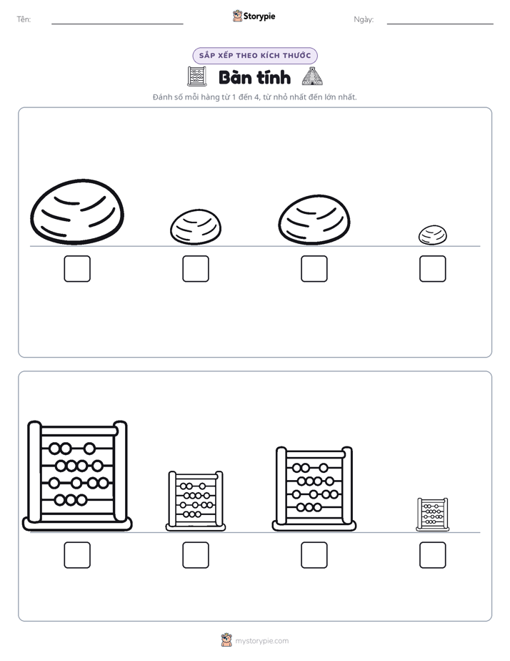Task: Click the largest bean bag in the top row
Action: (x=77, y=212)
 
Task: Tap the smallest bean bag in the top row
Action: (x=433, y=235)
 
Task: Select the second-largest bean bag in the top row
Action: (x=314, y=220)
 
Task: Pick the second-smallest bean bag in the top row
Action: (x=196, y=227)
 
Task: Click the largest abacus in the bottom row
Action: (x=77, y=476)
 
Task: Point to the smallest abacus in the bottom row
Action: (x=433, y=514)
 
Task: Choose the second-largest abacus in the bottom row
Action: (x=314, y=489)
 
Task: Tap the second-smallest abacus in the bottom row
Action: (x=196, y=501)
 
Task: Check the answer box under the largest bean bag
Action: (x=77, y=268)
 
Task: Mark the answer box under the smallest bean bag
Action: (x=433, y=268)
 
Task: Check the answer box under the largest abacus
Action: (x=77, y=555)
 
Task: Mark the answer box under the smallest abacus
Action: (x=433, y=555)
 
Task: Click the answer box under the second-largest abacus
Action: (x=314, y=555)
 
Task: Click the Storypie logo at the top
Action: (x=254, y=16)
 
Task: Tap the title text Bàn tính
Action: (x=254, y=77)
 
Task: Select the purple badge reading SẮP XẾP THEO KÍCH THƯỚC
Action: (x=255, y=56)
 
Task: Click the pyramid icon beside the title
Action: (x=312, y=77)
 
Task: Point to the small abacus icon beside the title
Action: (x=196, y=77)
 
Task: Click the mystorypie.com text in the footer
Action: (x=261, y=641)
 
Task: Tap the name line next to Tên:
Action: (x=117, y=24)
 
